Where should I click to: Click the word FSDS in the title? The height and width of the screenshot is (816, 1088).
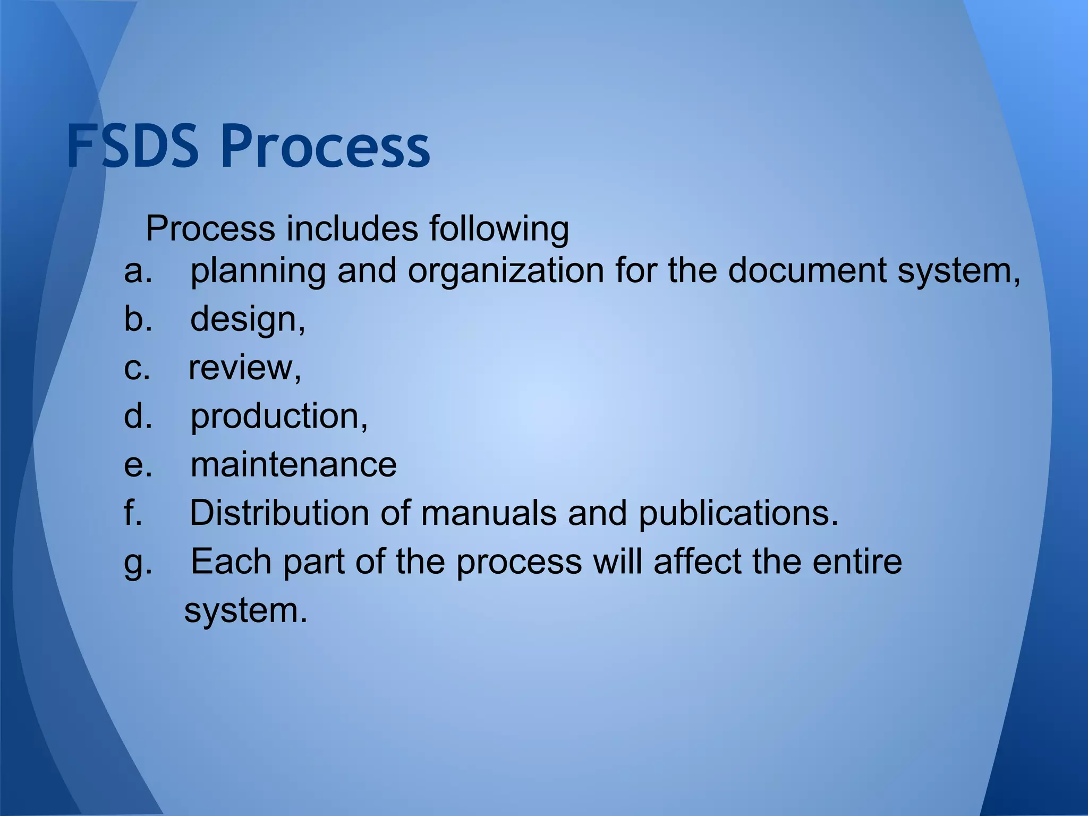point(133,146)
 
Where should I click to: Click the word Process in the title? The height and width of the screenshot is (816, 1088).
point(325,146)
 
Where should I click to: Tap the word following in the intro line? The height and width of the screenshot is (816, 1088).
point(499,229)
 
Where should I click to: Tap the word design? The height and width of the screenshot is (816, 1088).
point(248,320)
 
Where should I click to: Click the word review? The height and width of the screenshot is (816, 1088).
point(245,368)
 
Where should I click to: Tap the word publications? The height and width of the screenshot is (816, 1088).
point(738,514)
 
